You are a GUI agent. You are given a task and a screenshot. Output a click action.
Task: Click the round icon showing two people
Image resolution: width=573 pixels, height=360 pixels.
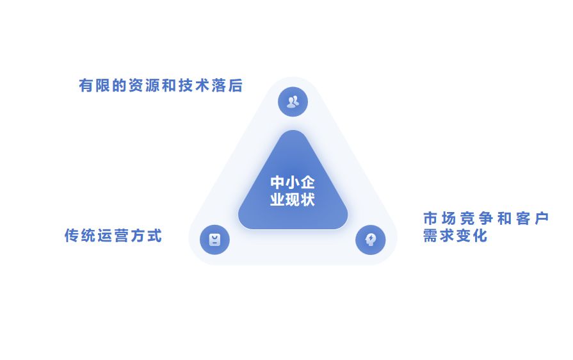[x=293, y=101]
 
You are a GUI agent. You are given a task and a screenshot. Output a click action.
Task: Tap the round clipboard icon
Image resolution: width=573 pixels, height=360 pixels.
[x=214, y=240]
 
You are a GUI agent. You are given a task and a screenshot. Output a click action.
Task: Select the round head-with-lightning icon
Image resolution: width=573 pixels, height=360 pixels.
[x=370, y=240]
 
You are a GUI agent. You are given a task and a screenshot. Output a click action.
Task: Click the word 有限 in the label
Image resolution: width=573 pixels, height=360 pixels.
[x=95, y=86]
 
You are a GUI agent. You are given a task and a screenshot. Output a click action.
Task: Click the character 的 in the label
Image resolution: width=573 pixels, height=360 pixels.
[x=120, y=86]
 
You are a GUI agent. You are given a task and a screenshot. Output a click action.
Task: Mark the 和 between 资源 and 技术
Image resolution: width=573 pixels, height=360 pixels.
[x=170, y=86]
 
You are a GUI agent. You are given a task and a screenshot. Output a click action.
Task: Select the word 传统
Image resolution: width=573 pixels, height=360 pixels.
[x=81, y=236]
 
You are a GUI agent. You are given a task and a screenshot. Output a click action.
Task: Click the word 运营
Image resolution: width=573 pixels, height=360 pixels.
[x=113, y=236]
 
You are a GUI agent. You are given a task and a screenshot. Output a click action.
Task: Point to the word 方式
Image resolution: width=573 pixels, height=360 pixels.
[x=146, y=236]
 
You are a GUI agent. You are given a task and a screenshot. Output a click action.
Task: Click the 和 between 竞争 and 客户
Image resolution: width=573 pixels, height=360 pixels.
[x=504, y=218]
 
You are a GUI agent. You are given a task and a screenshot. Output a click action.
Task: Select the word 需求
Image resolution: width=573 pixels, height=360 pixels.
[x=439, y=236]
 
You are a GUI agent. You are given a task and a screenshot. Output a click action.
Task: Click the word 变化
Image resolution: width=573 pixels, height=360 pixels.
[x=472, y=236]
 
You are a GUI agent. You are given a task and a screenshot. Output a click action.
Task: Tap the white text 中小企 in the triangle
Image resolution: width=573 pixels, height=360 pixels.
[x=293, y=183]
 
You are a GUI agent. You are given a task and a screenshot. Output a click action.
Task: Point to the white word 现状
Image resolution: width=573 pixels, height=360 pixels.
[x=300, y=199]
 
